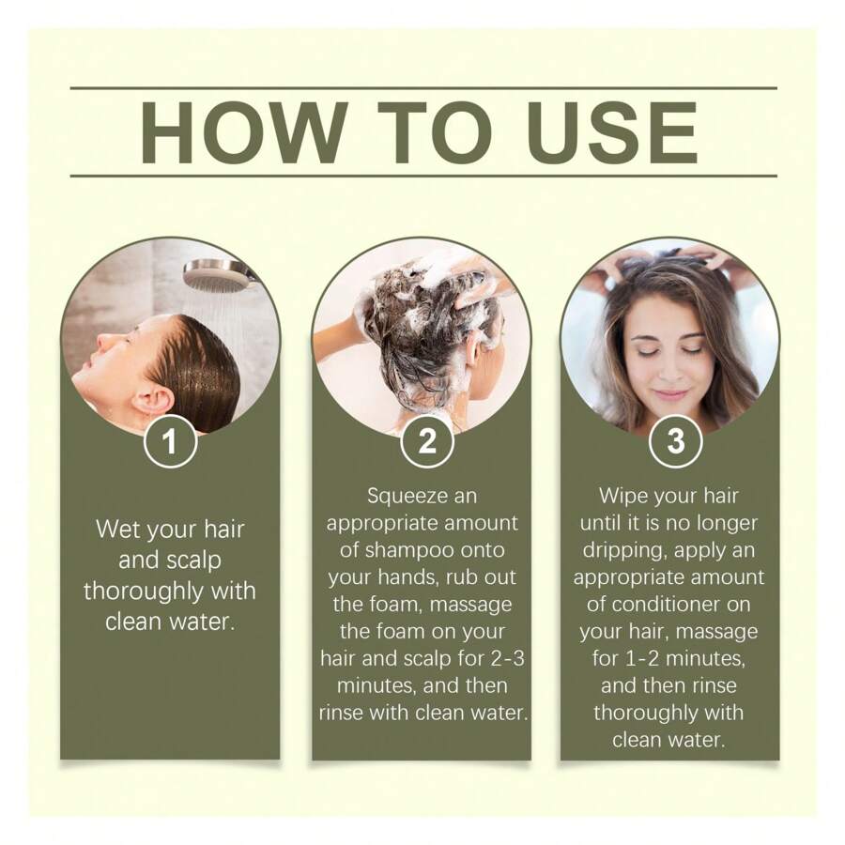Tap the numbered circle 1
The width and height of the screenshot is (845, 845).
170,441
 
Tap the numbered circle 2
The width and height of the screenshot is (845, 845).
427,441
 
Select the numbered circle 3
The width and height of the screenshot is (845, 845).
675,441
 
